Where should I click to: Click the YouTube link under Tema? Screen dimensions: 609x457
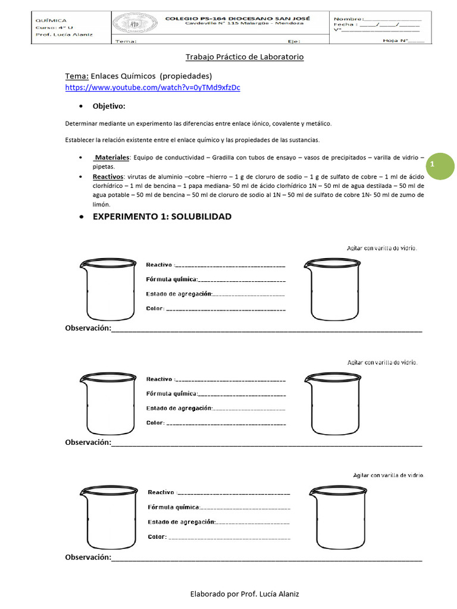(x=152, y=87)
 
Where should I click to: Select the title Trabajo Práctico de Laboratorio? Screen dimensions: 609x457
(x=245, y=57)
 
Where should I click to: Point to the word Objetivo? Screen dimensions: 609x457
(x=109, y=106)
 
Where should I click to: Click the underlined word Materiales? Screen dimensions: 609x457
(x=112, y=157)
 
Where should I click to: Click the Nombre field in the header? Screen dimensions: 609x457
(x=377, y=19)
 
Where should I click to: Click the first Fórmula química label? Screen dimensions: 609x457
(x=171, y=279)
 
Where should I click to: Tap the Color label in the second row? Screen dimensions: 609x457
(x=155, y=423)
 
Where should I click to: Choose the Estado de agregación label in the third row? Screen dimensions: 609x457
(x=181, y=522)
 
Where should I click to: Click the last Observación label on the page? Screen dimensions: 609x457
(x=88, y=557)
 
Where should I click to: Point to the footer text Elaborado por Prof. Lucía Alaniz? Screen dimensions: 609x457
(x=244, y=594)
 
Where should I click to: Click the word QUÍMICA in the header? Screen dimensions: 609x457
(x=51, y=20)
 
